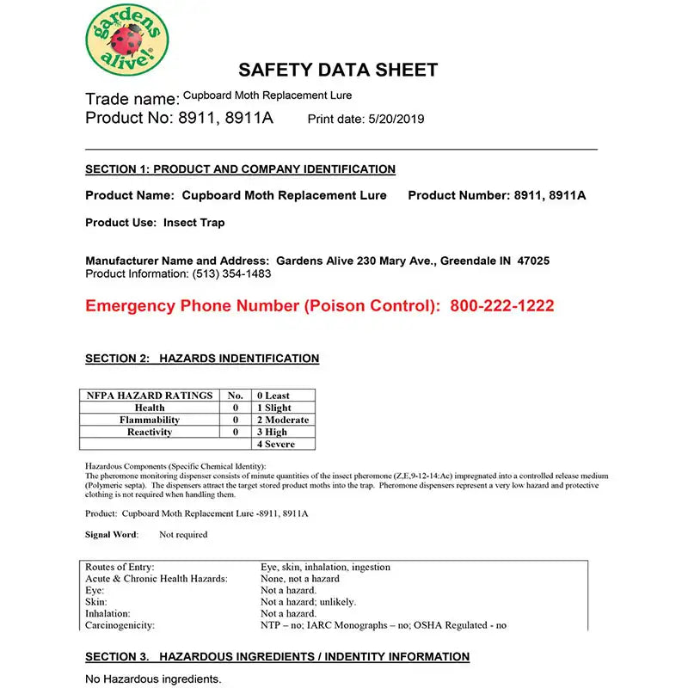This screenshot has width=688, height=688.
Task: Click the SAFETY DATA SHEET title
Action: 338,71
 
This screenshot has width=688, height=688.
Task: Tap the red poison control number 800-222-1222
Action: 502,305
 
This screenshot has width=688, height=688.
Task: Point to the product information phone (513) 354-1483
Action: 231,273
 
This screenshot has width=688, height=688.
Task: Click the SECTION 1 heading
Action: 240,169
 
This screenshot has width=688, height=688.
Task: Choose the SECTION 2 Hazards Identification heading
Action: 202,359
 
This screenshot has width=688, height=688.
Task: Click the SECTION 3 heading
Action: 277,657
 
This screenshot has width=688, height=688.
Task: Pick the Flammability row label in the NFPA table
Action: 150,420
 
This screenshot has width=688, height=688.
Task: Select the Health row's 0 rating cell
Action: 235,408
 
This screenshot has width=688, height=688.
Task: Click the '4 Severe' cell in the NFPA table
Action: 276,444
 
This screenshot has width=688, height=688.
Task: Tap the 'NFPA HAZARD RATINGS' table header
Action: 150,396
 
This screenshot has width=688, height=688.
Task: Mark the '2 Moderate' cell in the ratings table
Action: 282,420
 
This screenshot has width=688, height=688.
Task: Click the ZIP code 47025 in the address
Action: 533,261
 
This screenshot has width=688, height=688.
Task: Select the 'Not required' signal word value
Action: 183,534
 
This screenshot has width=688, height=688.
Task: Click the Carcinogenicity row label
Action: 120,625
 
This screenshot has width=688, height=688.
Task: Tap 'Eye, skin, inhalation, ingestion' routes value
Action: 325,568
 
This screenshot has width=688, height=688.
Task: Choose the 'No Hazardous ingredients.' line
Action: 153,679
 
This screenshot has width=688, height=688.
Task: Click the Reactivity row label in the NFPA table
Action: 150,432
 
